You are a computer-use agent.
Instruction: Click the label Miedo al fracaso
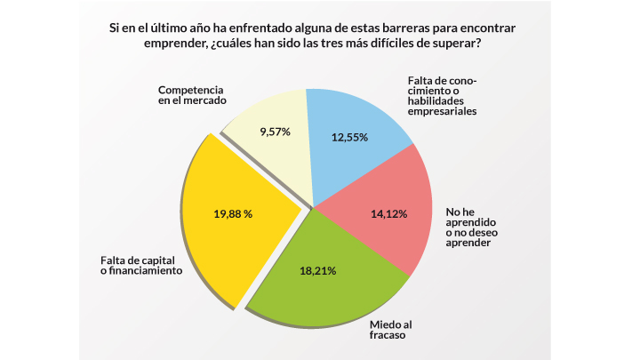[391, 332]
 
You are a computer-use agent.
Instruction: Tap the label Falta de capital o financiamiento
[141, 266]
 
